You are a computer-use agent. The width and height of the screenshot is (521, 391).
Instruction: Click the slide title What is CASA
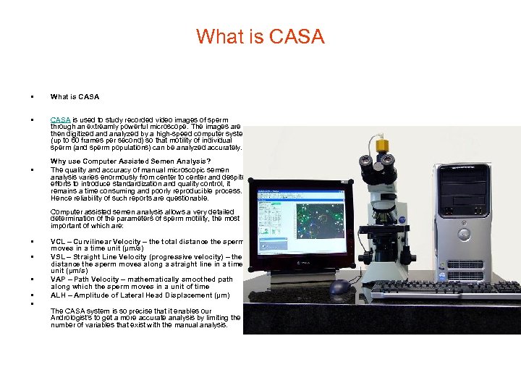coord(260,36)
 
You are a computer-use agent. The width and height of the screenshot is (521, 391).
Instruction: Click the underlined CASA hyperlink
coord(60,119)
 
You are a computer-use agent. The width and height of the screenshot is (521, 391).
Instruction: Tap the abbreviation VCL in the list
coord(59,242)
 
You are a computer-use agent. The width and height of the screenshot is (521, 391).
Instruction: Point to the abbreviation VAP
coord(59,279)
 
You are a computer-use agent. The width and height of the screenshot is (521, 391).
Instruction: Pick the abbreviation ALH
coord(59,295)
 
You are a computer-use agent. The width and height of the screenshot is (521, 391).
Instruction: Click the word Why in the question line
coord(58,161)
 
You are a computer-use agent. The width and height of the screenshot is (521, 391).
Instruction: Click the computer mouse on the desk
coord(340,287)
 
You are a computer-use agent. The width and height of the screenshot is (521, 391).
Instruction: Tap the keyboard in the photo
coord(441,290)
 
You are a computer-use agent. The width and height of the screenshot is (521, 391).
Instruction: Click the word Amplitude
coord(91,295)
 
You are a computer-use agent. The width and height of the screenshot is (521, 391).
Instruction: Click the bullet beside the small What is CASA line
coord(32,96)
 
